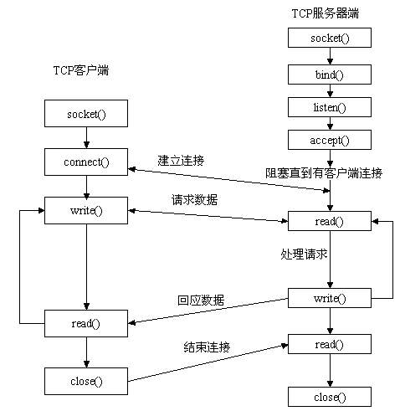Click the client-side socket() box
(85, 112)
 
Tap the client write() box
(85, 209)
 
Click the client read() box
(85, 322)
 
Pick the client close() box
(85, 381)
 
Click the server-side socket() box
(328, 38)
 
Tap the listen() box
(328, 108)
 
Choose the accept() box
(328, 140)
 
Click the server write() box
(328, 297)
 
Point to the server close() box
(328, 396)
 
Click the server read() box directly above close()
(328, 343)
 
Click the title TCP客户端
(75, 70)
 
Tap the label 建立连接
(180, 159)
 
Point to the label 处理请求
(302, 252)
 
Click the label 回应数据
(201, 300)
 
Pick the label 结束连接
(207, 346)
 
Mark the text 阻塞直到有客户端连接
(325, 173)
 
